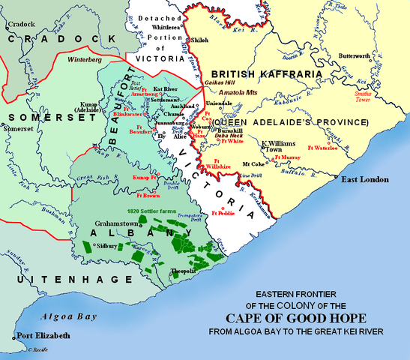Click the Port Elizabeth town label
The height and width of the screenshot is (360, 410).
tap(45, 335)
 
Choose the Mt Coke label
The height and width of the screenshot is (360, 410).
tap(254, 162)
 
